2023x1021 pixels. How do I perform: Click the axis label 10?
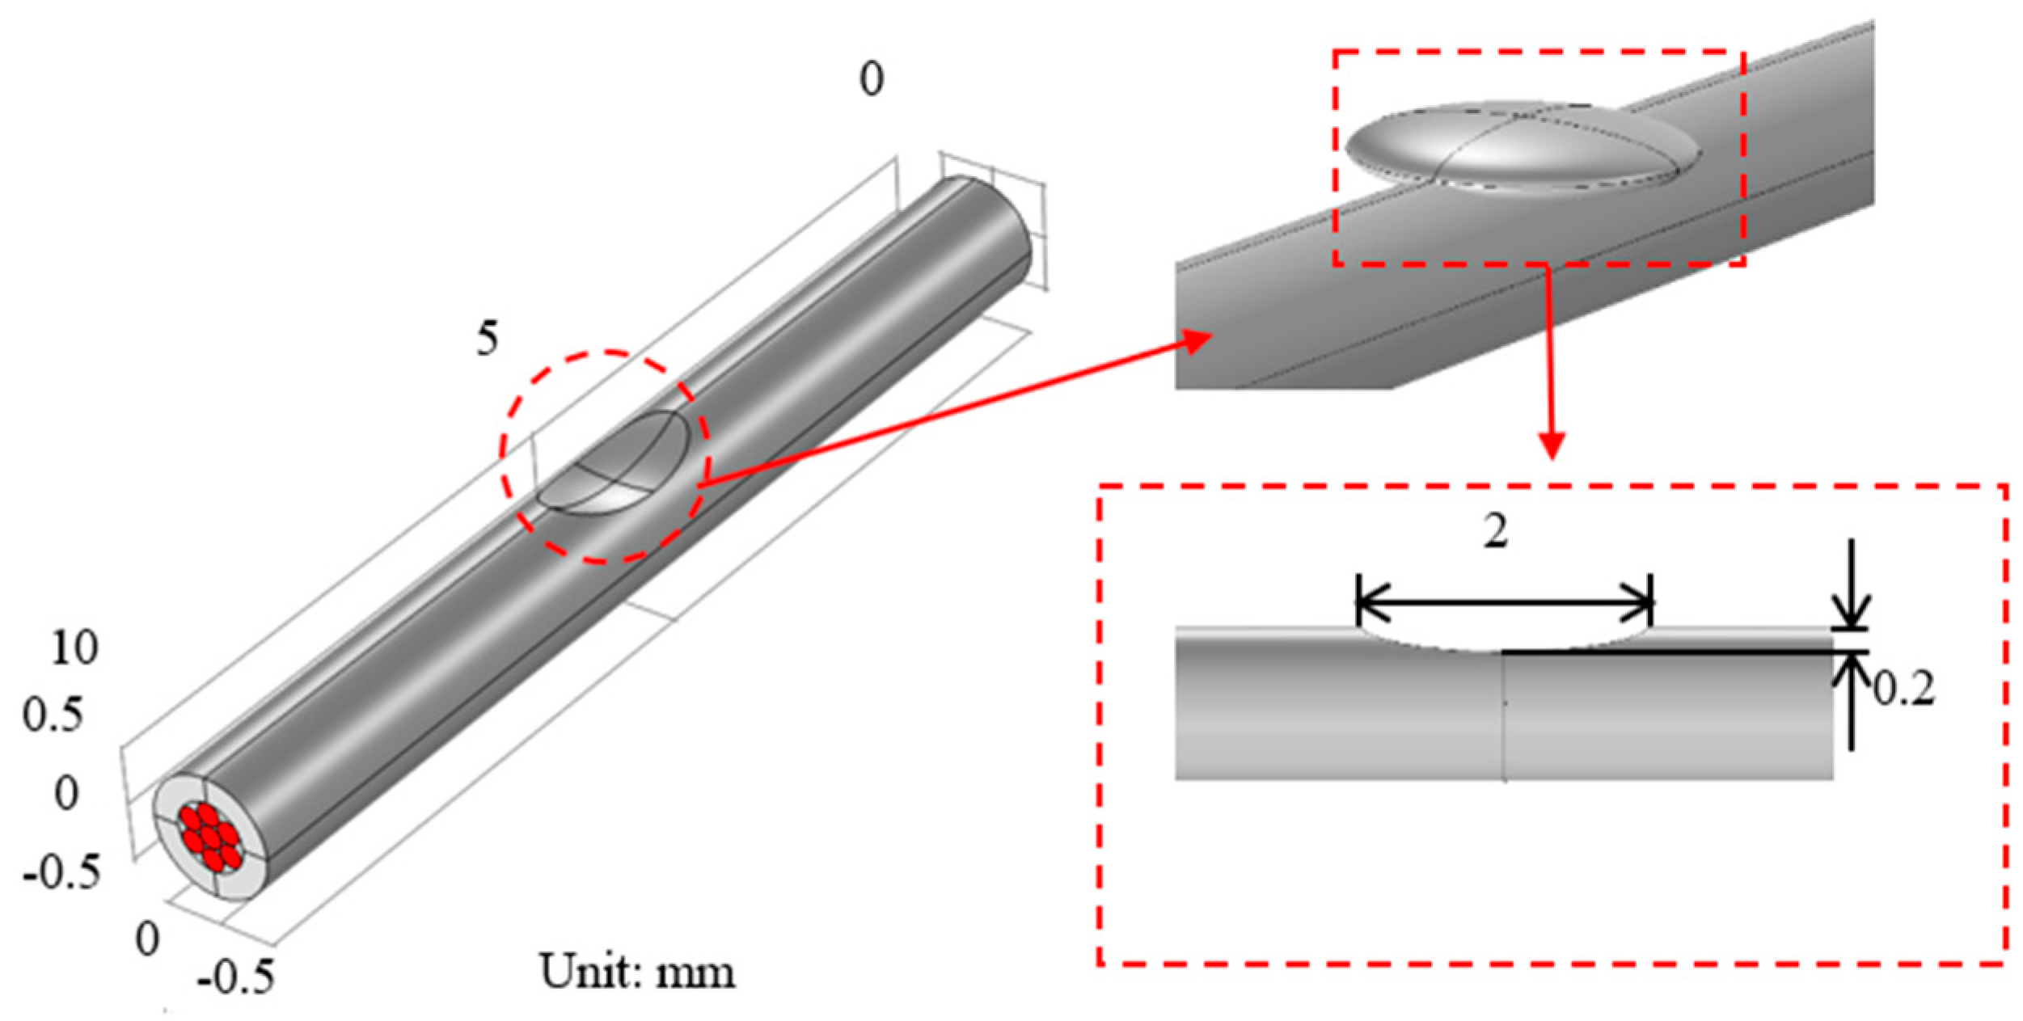(74, 648)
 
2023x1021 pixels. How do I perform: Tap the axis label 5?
(487, 340)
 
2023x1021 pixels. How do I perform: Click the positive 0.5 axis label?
(53, 715)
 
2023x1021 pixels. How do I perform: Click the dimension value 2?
(1495, 534)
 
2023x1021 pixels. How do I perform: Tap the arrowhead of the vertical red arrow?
(1551, 445)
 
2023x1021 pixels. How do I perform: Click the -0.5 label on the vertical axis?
(62, 873)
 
